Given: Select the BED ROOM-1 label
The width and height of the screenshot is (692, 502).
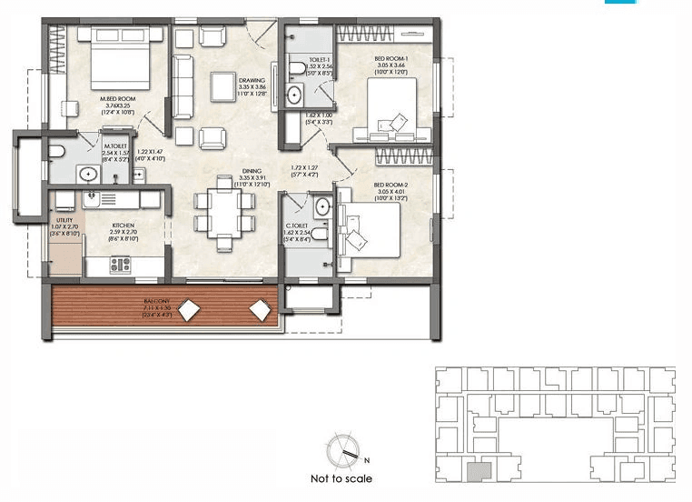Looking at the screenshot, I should pyautogui.click(x=392, y=59).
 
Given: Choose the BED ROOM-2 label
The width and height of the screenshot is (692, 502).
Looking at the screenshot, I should pyautogui.click(x=392, y=185).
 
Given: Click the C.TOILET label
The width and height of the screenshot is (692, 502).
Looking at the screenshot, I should pyautogui.click(x=298, y=225).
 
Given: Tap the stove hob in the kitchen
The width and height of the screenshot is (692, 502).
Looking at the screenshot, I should pyautogui.click(x=120, y=265).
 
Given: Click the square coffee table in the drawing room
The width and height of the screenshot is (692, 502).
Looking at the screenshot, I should pyautogui.click(x=222, y=85).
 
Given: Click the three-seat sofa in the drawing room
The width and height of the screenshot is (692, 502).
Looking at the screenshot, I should pyautogui.click(x=183, y=79).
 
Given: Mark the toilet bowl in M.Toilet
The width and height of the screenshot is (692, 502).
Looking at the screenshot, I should pyautogui.click(x=56, y=150).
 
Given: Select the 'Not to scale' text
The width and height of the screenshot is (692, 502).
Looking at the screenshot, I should pyautogui.click(x=341, y=478).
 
